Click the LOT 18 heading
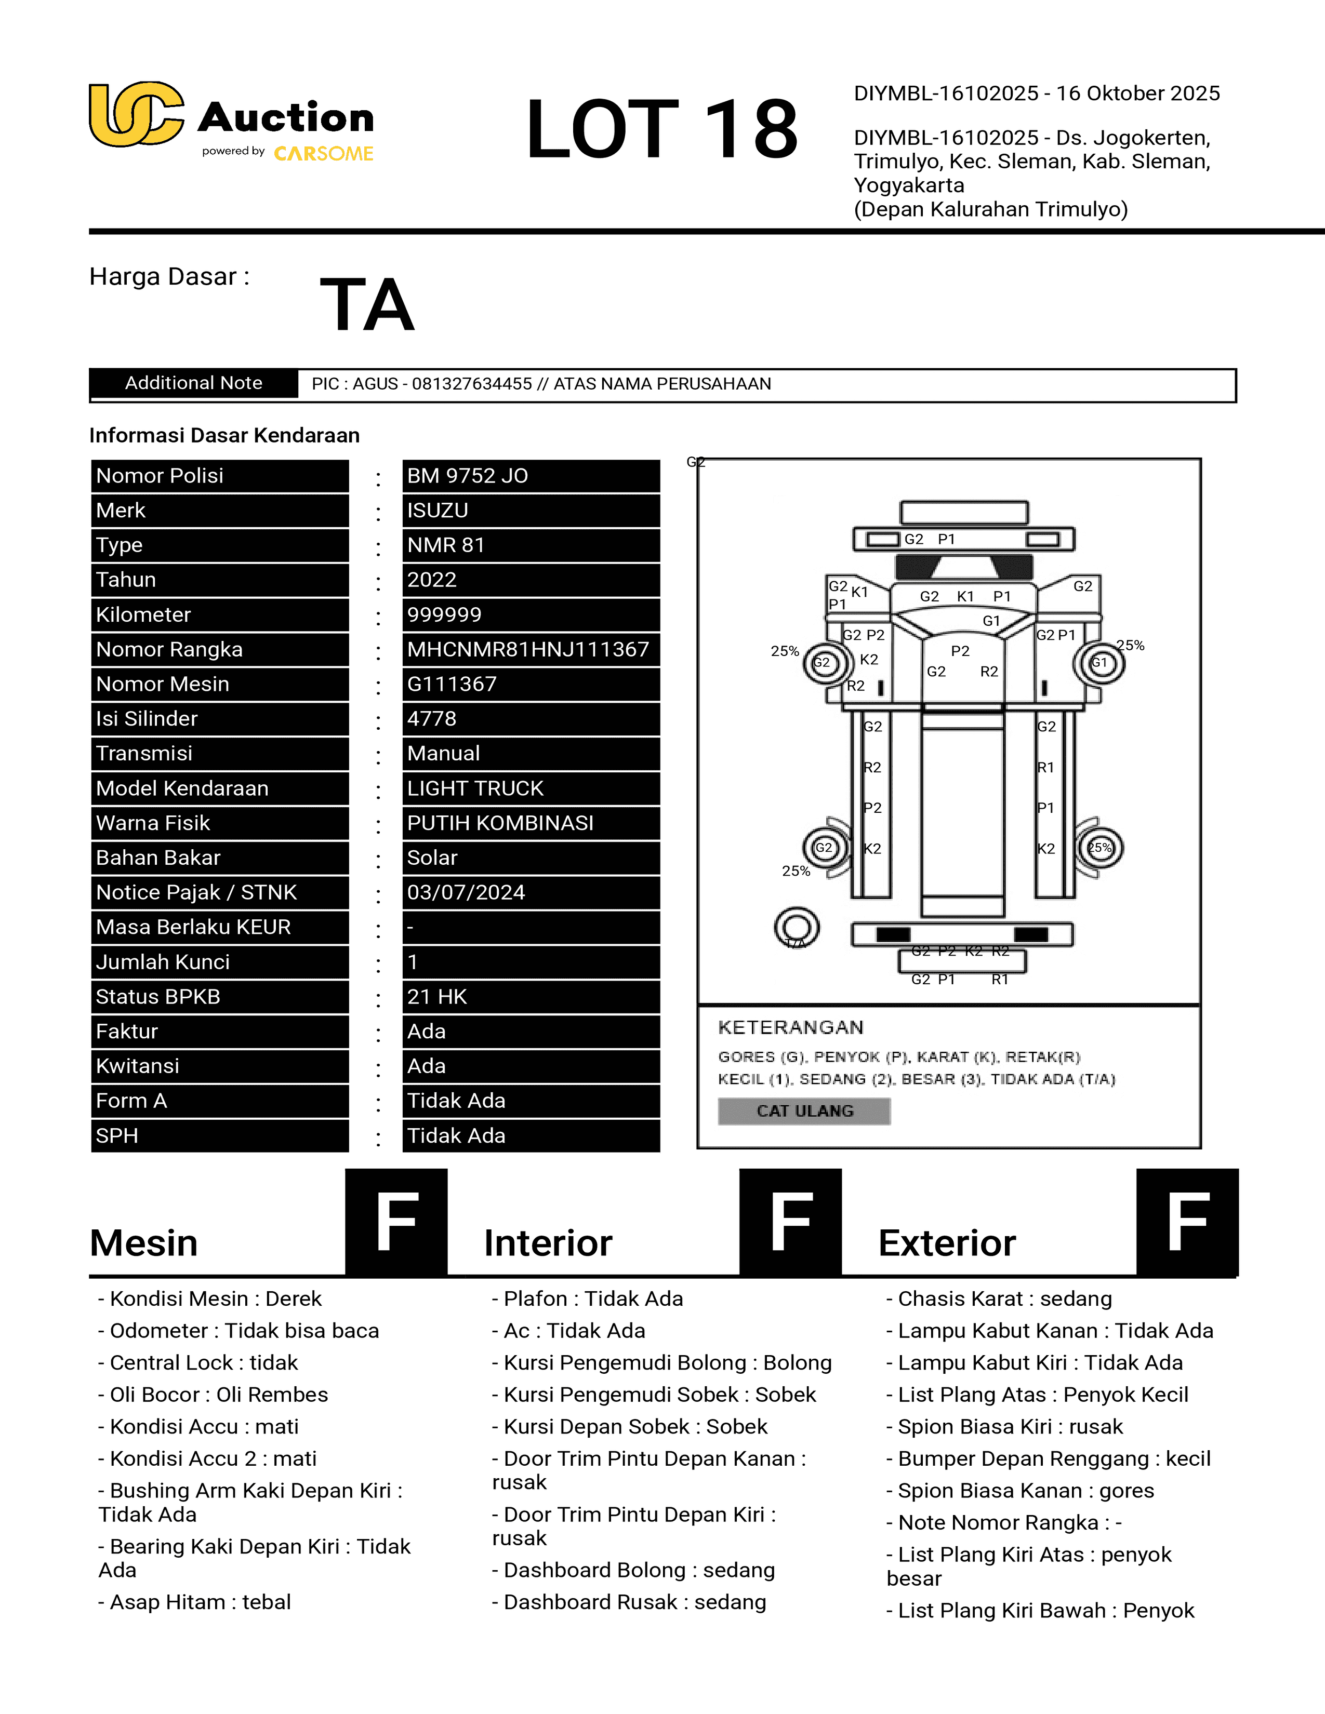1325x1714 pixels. point(661,129)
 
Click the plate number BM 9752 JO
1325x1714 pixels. point(531,476)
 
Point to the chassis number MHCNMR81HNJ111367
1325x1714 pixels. point(531,649)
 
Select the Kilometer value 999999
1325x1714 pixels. point(531,614)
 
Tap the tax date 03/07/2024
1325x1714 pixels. point(531,892)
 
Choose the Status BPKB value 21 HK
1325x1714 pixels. point(531,997)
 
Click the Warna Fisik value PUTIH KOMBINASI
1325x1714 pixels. point(531,823)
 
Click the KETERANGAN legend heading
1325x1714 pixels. point(790,1027)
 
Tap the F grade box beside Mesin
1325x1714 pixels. point(396,1221)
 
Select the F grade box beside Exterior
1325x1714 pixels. point(1187,1221)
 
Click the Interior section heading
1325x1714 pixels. point(548,1243)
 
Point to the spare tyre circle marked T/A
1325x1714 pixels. point(797,929)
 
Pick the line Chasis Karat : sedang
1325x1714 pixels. point(999,1299)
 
